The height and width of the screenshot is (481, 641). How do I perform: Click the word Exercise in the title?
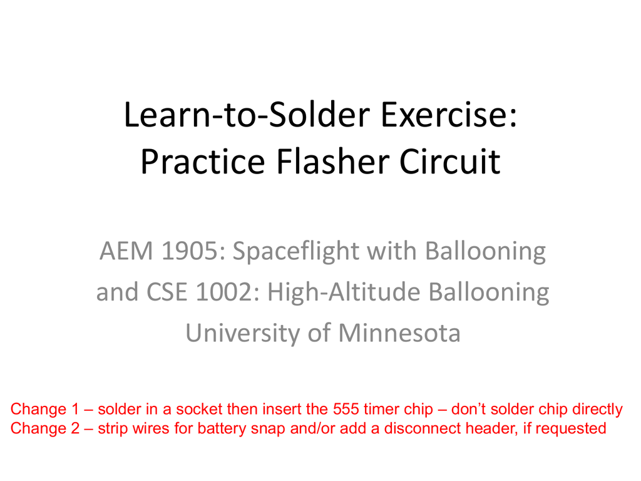coord(449,115)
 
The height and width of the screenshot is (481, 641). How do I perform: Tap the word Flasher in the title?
coord(332,162)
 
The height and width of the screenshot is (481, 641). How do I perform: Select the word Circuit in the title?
coord(449,162)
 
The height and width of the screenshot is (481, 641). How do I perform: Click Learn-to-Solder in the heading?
coord(247,115)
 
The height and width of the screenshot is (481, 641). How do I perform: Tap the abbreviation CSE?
coord(167,292)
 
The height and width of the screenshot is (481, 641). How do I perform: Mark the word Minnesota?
coord(400,333)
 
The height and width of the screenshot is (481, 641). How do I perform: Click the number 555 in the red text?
coord(346,409)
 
